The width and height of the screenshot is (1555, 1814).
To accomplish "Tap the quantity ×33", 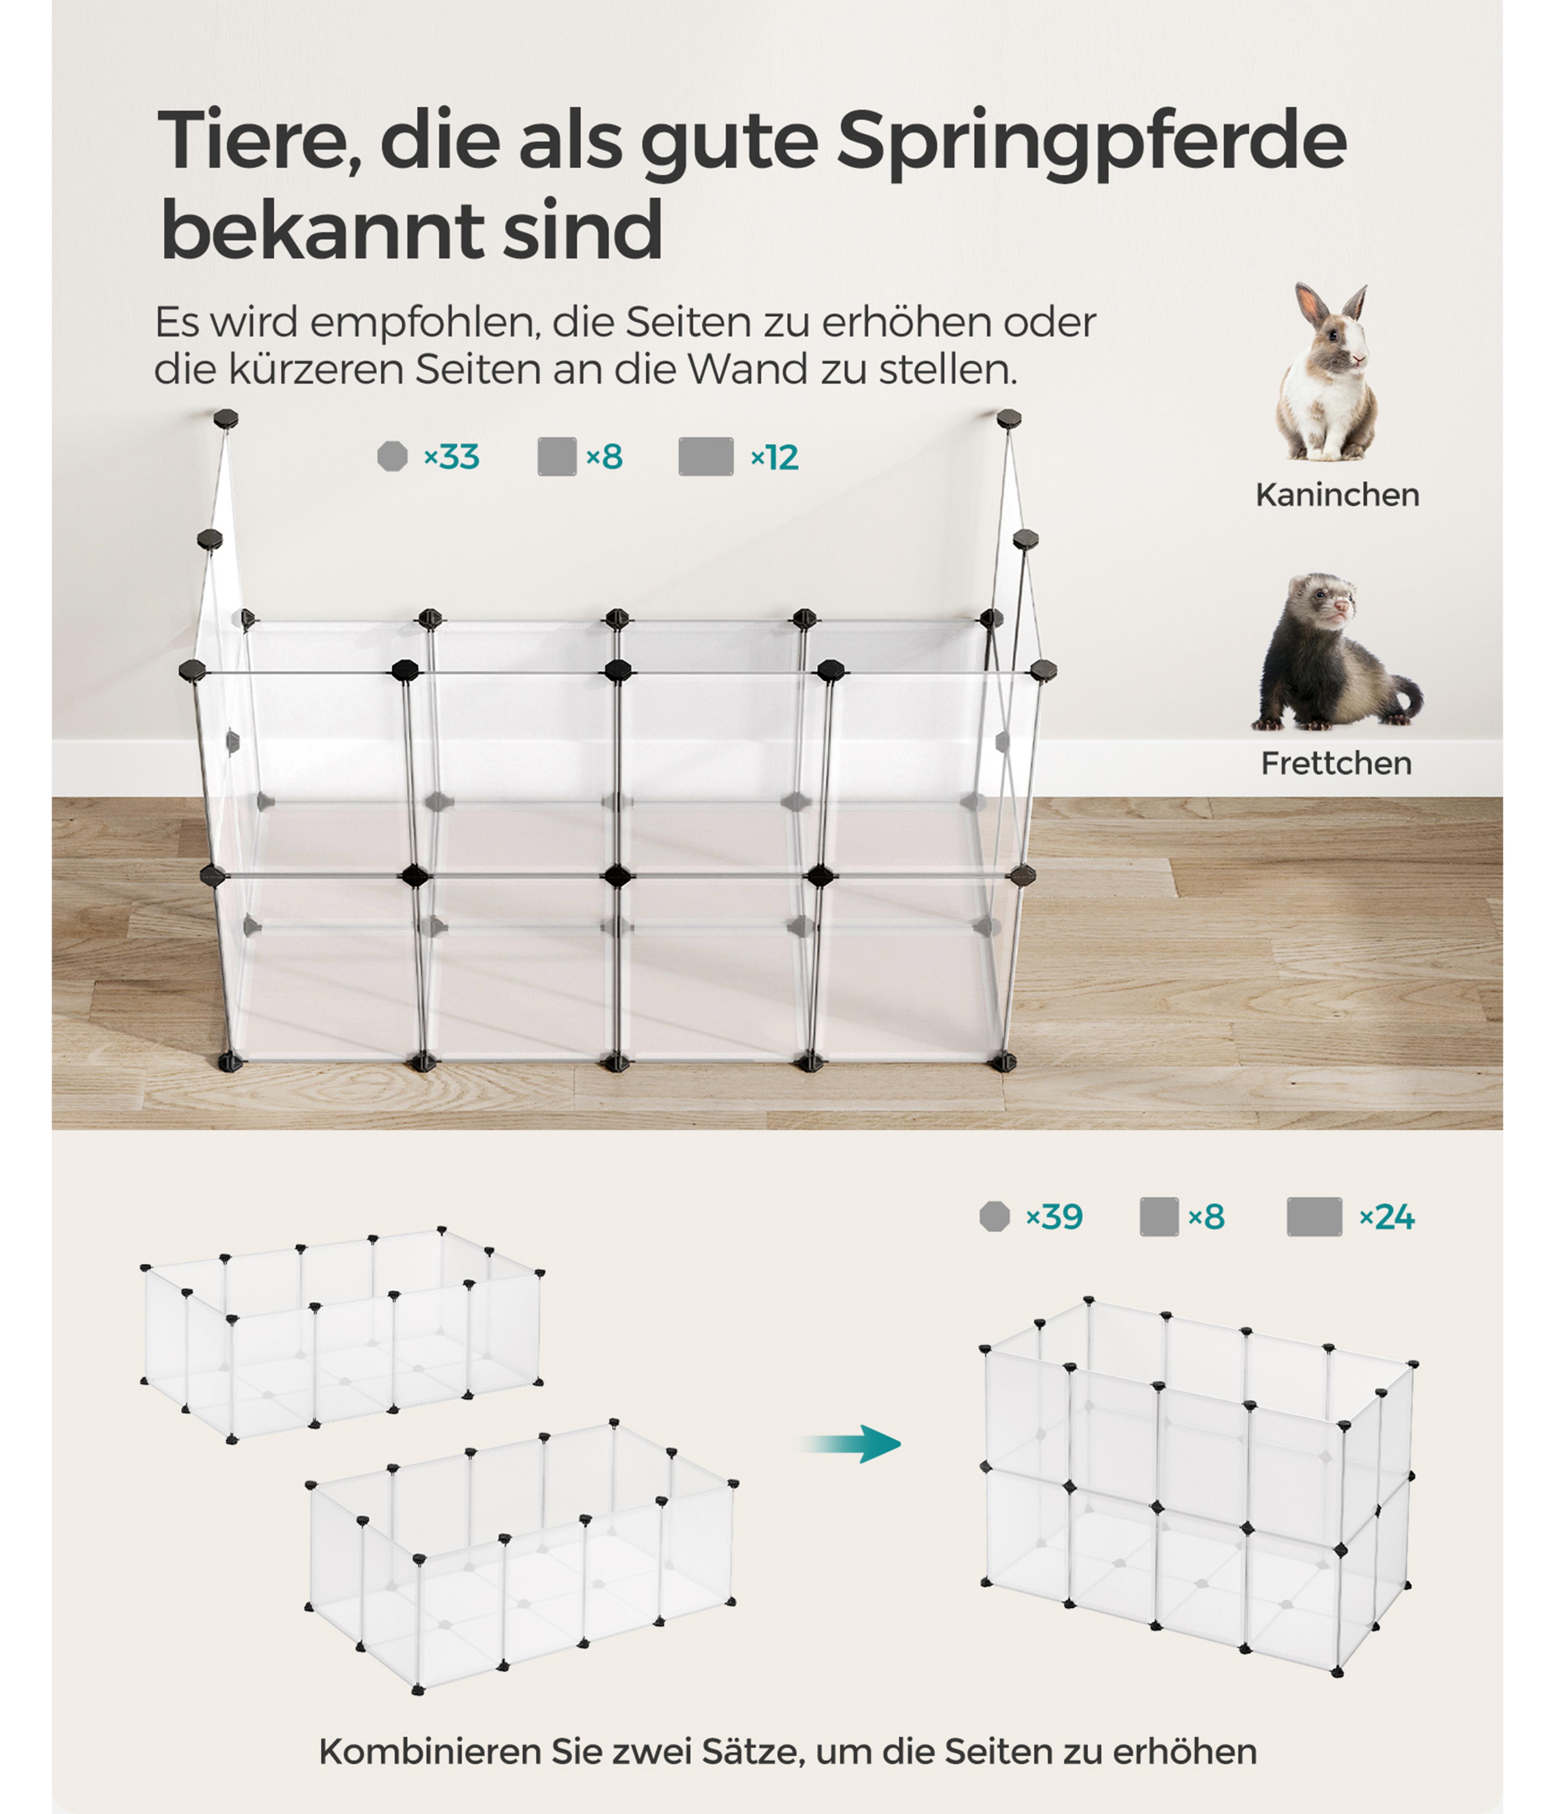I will click(x=452, y=457).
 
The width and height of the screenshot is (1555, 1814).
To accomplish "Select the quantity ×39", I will click(x=1054, y=1217).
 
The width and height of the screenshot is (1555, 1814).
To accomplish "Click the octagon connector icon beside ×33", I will click(x=392, y=456).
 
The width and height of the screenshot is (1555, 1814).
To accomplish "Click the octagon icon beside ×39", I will click(x=995, y=1217).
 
